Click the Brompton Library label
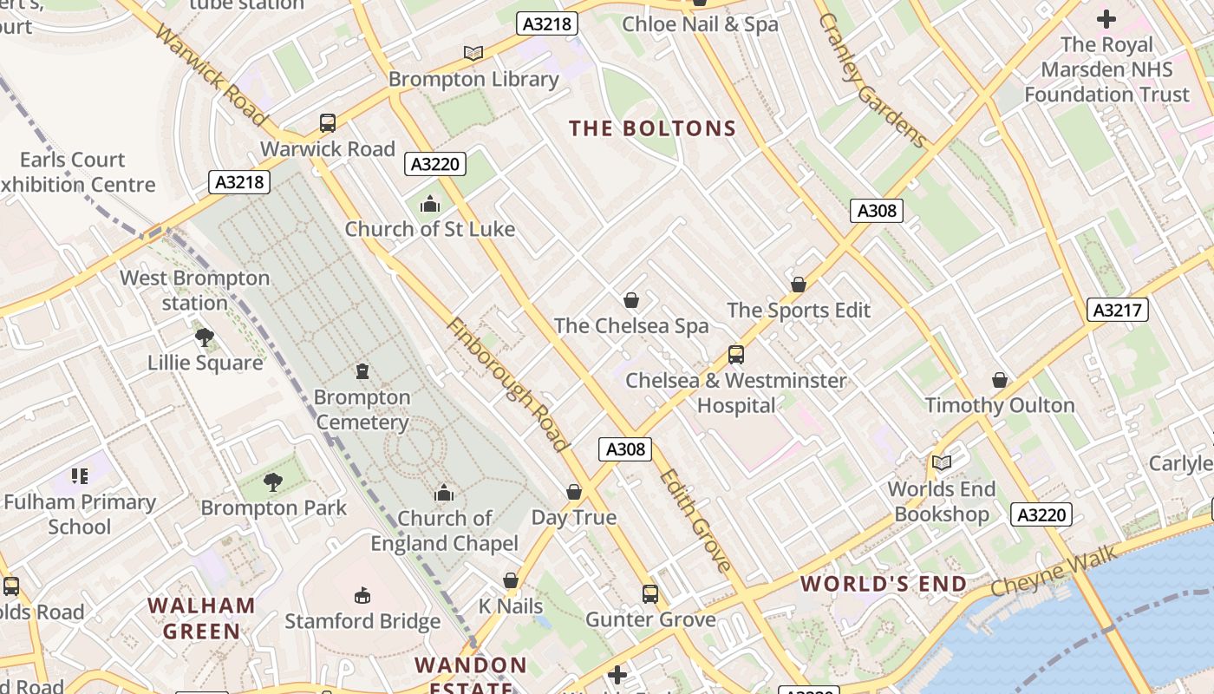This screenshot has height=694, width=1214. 473,79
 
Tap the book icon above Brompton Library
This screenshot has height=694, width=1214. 473,54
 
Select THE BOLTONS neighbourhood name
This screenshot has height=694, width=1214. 652,129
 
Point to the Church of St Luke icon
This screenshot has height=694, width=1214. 429,205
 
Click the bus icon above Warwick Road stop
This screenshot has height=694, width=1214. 328,123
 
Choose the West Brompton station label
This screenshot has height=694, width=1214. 194,291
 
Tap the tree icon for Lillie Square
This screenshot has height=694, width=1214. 205,337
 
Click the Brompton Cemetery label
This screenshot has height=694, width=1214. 362,409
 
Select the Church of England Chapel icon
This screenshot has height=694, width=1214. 444,493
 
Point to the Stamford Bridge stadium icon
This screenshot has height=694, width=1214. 362,595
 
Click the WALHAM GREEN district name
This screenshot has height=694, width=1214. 201,618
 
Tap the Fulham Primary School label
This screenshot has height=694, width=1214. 80,514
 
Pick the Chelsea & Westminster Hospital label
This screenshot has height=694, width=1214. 736,393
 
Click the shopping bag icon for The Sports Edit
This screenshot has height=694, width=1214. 799,285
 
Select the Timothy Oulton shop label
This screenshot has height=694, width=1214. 1000,405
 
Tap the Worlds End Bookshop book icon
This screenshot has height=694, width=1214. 941,463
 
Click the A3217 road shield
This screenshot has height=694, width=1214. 1117,310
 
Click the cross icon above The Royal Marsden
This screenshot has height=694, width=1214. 1106,18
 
